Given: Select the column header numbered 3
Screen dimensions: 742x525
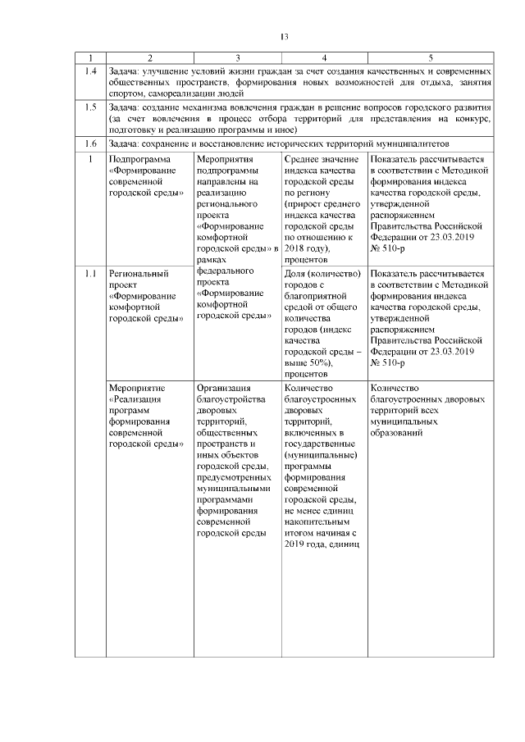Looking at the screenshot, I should tap(237, 57).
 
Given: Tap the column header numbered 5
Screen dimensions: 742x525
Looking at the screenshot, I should tap(431, 57).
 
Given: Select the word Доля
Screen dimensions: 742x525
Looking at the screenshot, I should tap(295, 273).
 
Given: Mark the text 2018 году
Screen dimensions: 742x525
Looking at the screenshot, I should tap(305, 248).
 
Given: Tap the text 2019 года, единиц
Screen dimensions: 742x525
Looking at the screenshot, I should tap(321, 544).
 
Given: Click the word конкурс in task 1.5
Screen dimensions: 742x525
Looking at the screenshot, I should tap(473, 119).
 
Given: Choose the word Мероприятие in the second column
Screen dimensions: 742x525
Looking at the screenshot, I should tap(137, 388).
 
